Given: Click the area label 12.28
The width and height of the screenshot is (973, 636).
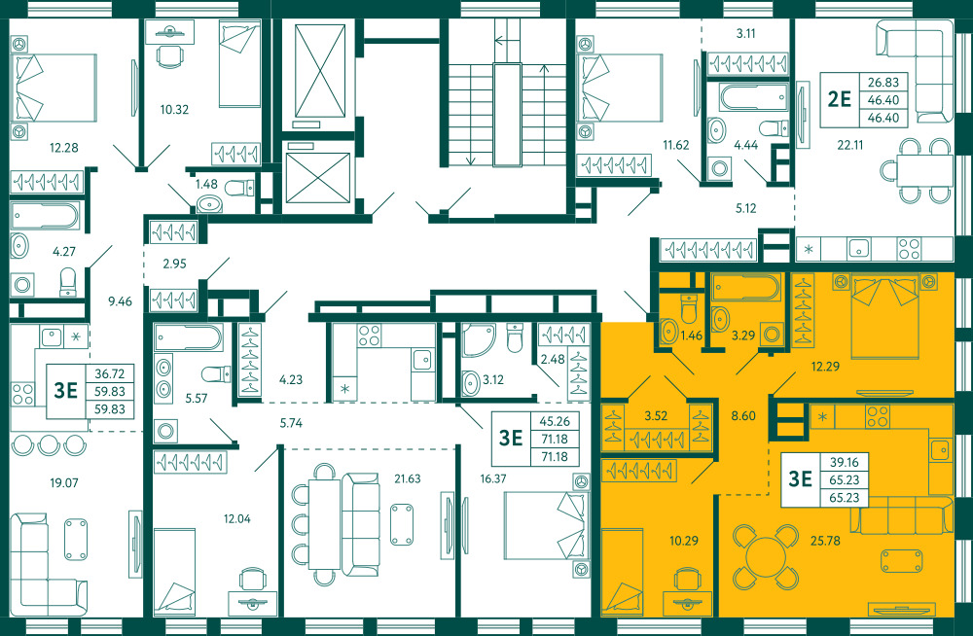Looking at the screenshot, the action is coord(64,148).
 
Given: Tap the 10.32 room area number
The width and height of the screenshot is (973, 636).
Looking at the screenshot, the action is coord(174,110).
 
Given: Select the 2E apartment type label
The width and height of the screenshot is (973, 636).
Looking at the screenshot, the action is coord(840,99).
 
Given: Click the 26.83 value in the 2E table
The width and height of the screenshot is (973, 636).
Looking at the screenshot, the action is coord(883,82).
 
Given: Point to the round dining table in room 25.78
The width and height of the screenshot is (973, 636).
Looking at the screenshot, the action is coord(766,556).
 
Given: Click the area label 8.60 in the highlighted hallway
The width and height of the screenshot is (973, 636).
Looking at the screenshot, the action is coord(743,415).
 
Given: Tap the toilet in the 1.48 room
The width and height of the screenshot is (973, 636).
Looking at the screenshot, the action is coord(239,187).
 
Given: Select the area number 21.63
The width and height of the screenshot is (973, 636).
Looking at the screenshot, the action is coord(407,478).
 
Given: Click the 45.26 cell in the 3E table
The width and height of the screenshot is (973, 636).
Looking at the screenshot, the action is coord(555,421).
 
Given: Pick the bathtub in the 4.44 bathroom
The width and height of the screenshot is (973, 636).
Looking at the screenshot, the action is coord(753,98).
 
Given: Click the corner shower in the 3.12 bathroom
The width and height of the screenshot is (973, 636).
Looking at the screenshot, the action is coord(478,340).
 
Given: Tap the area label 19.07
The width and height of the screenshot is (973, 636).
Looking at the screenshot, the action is coord(64,482).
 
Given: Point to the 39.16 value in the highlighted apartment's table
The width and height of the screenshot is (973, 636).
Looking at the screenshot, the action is coord(844,462).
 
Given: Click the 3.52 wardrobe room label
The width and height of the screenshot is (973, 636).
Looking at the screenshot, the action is coord(656,415).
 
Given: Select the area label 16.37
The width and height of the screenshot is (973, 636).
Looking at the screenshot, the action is coord(493,478).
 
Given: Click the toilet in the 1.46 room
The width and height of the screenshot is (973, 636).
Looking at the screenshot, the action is coord(690,306).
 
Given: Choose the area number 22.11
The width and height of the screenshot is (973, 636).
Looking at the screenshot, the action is coord(850,145).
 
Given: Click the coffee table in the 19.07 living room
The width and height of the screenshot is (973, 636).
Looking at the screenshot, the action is coord(76,539).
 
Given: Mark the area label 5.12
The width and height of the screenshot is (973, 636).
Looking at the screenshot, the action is coord(746,208).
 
